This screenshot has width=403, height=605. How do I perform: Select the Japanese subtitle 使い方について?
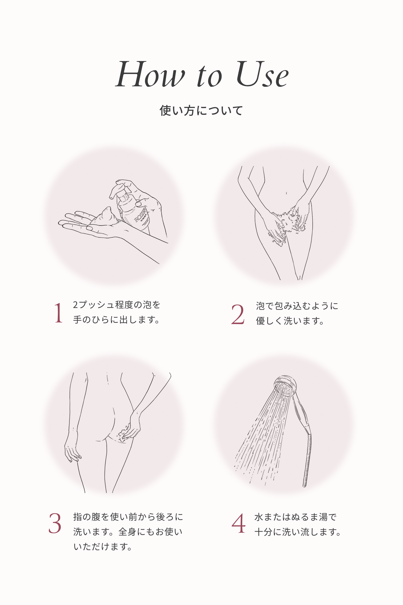[x=201, y=111]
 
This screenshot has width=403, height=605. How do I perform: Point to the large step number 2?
[x=238, y=314]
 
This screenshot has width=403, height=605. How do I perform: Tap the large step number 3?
[x=55, y=523]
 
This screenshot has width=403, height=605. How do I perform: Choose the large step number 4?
[x=238, y=523]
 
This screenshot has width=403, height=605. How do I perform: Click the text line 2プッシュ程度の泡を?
[x=117, y=305]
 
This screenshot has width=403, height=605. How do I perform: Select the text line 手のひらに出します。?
[x=117, y=320]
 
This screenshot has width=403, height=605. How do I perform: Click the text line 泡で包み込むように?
[x=297, y=306]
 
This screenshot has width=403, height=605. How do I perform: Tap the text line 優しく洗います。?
[x=290, y=321]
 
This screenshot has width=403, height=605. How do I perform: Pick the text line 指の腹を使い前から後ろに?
[x=128, y=517]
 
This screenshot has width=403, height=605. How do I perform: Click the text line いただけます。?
[x=103, y=547]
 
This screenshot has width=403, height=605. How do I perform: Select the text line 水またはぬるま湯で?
[x=295, y=517]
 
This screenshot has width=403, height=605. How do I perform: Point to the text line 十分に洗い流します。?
[x=298, y=532]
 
